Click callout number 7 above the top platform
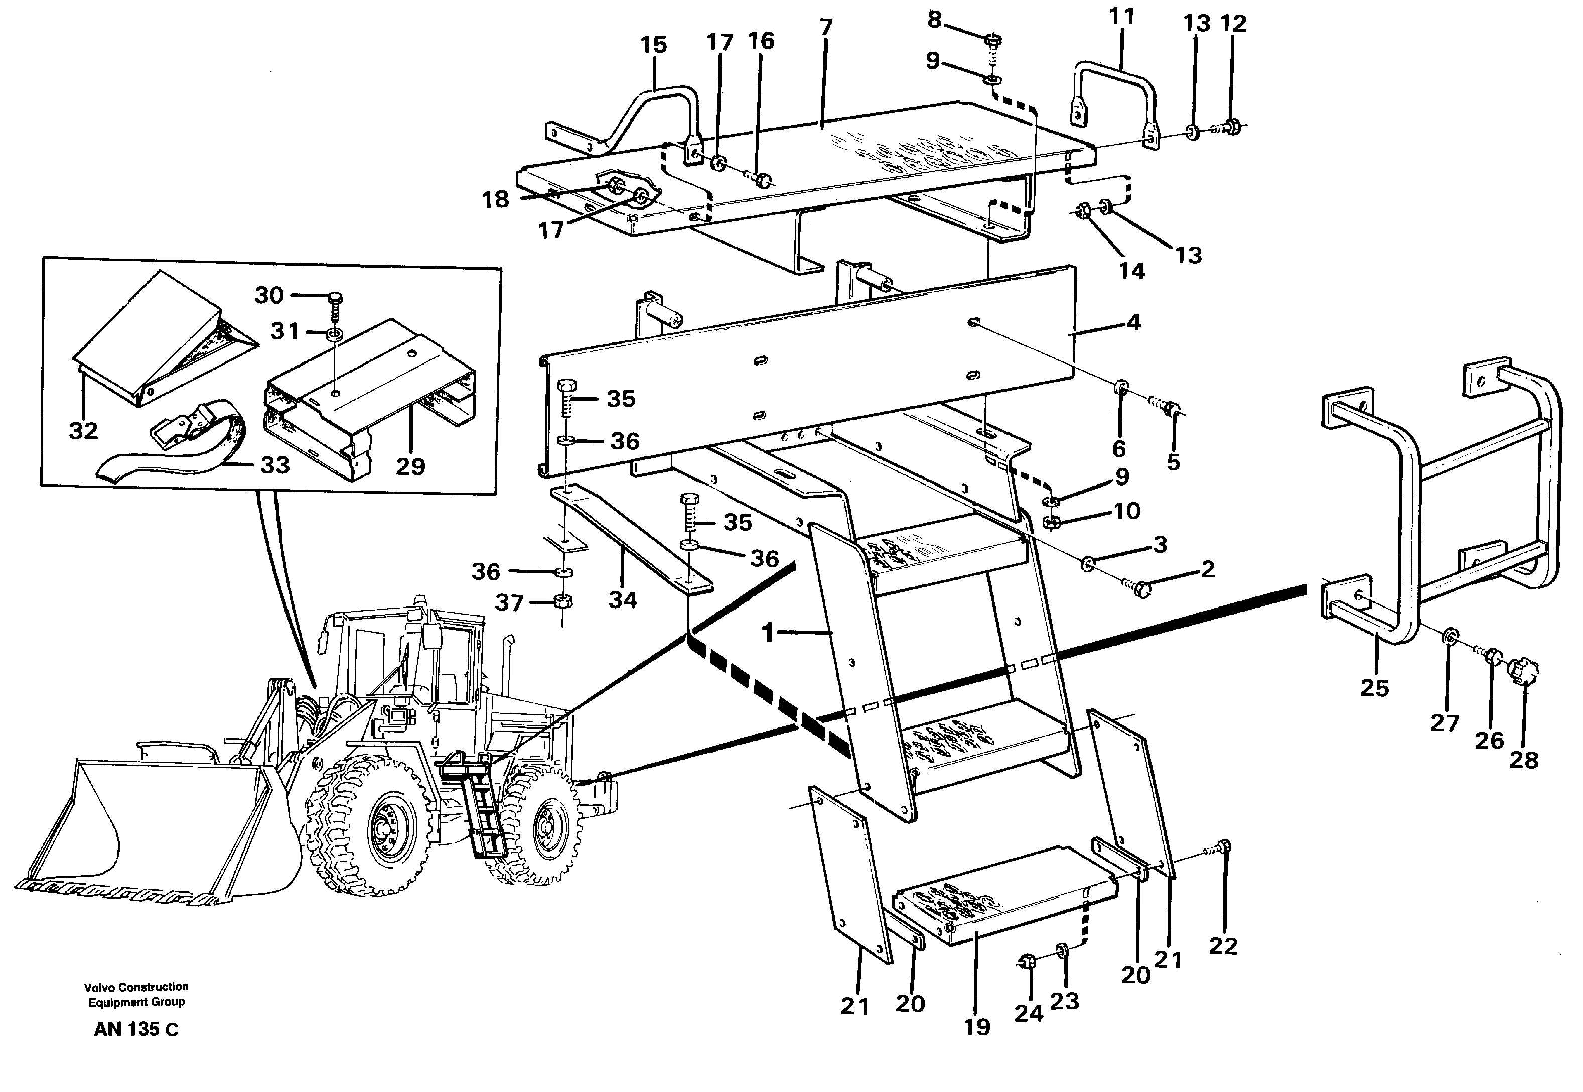coord(826,28)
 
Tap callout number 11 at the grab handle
coord(1121,17)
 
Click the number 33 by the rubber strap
coord(275,465)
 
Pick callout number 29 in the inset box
coord(410,466)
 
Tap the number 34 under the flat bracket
coord(622,600)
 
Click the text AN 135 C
coord(135,1030)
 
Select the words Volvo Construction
coord(136,987)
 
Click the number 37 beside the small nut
coord(509,603)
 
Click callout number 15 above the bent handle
coord(653,45)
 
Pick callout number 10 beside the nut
coord(1127,511)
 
